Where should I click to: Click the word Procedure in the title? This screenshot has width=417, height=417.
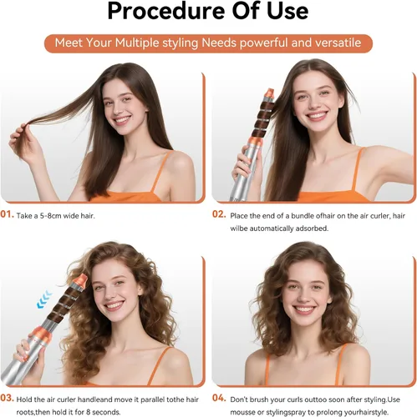coord(166,12)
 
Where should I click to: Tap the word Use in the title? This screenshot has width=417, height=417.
coord(287,11)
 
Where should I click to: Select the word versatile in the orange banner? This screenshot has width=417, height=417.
coord(338,43)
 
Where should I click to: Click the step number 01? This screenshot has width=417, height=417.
coord(7,214)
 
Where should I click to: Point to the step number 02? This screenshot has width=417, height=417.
coord(219,214)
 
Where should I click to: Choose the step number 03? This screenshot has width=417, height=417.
coord(7,398)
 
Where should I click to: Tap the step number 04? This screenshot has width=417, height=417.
coord(219,398)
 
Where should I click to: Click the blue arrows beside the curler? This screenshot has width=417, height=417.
coord(44,299)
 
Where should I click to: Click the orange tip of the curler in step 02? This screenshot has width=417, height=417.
coord(270,93)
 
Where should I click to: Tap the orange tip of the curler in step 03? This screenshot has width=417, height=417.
coord(81,280)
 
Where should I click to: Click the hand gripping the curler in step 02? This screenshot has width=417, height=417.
coord(247,166)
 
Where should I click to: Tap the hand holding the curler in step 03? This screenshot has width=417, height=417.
coord(29,359)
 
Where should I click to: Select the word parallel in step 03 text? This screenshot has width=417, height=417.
coord(153,399)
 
